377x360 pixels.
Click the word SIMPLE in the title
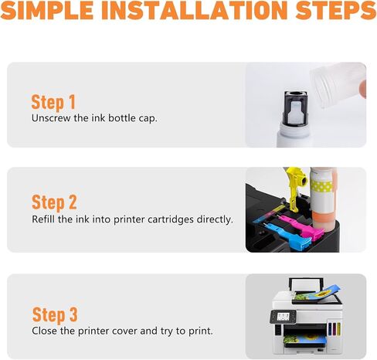[x=47, y=10]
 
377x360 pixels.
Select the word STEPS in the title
[x=336, y=10]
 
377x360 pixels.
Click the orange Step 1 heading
[x=53, y=103]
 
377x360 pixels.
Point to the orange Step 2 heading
[x=54, y=203]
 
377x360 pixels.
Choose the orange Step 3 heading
[x=55, y=315]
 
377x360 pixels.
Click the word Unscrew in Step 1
[x=51, y=118]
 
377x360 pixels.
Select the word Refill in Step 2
[x=43, y=219]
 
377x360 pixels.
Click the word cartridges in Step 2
[x=171, y=219]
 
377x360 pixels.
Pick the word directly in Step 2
[x=215, y=219]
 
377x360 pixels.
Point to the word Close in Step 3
[x=45, y=331]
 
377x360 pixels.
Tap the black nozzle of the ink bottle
[x=295, y=107]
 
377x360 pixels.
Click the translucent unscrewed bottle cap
[x=338, y=85]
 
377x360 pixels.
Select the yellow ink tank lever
[x=296, y=187]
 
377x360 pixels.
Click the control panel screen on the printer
[x=283, y=317]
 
